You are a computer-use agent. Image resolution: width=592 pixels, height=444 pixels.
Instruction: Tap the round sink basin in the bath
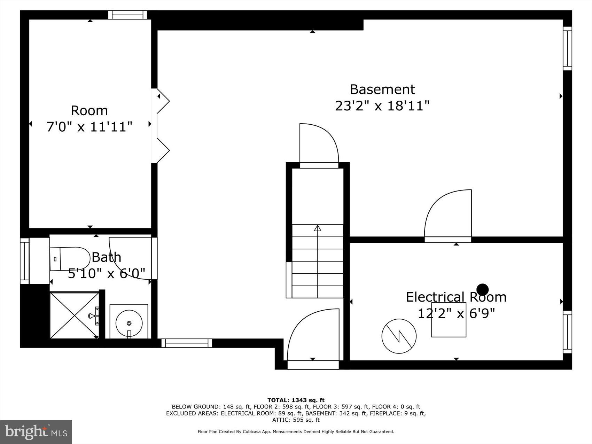[x=129, y=323]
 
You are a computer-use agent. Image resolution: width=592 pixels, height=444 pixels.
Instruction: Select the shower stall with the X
[x=75, y=316]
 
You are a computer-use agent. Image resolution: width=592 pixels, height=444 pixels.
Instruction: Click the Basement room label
[x=382, y=89]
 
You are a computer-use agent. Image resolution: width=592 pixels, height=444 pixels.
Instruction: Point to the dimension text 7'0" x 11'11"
[x=89, y=127]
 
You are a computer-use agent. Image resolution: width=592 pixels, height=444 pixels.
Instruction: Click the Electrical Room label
[x=456, y=297]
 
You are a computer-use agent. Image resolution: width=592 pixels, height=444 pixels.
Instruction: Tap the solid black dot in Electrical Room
[x=482, y=289]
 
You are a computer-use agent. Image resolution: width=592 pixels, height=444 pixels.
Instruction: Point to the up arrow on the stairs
[x=317, y=228]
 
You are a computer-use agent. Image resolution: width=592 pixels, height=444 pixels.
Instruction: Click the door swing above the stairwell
[x=319, y=143]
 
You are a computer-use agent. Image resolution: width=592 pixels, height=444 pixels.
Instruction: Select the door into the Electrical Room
[x=448, y=216]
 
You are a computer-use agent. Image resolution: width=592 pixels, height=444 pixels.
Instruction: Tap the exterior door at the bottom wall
[x=313, y=364]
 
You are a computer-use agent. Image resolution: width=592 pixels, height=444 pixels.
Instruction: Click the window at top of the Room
[x=127, y=15]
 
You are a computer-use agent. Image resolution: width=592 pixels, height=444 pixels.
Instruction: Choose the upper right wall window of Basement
[x=567, y=48]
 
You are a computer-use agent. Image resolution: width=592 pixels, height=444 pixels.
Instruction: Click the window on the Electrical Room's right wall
[x=567, y=332]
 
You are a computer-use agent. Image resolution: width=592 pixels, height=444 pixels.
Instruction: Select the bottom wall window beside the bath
[x=187, y=343]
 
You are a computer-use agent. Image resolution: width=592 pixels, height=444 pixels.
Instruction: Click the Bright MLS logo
[x=36, y=432]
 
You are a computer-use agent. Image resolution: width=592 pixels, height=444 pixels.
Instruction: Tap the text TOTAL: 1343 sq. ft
[x=296, y=400]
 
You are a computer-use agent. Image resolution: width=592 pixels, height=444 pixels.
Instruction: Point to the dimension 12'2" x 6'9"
[x=456, y=314]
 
